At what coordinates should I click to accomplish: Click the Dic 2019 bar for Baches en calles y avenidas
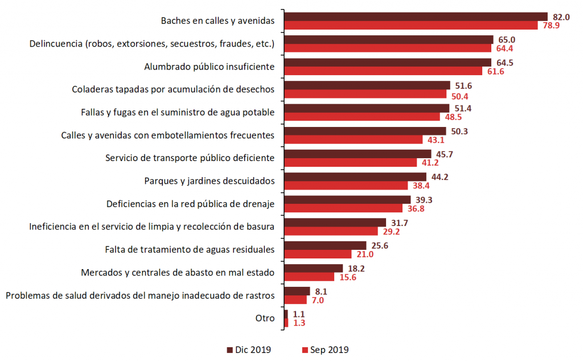click(x=415, y=17)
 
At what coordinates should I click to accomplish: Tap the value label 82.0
click(x=562, y=17)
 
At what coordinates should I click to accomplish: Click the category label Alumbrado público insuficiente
click(x=210, y=67)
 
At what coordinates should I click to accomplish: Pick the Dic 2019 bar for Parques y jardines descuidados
click(x=355, y=176)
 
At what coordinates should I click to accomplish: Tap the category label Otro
click(x=265, y=318)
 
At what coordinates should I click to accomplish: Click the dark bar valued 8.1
click(x=297, y=291)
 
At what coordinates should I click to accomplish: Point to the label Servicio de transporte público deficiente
click(x=190, y=158)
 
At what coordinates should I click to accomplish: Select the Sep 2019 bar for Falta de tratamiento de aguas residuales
click(x=318, y=254)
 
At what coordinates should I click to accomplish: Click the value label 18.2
click(x=357, y=268)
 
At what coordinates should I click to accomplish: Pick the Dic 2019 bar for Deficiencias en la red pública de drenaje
click(x=347, y=199)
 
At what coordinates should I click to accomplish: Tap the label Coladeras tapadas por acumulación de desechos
click(x=174, y=89)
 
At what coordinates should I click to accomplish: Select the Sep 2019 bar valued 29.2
click(x=331, y=231)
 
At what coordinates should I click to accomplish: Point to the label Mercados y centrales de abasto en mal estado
click(x=178, y=272)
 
